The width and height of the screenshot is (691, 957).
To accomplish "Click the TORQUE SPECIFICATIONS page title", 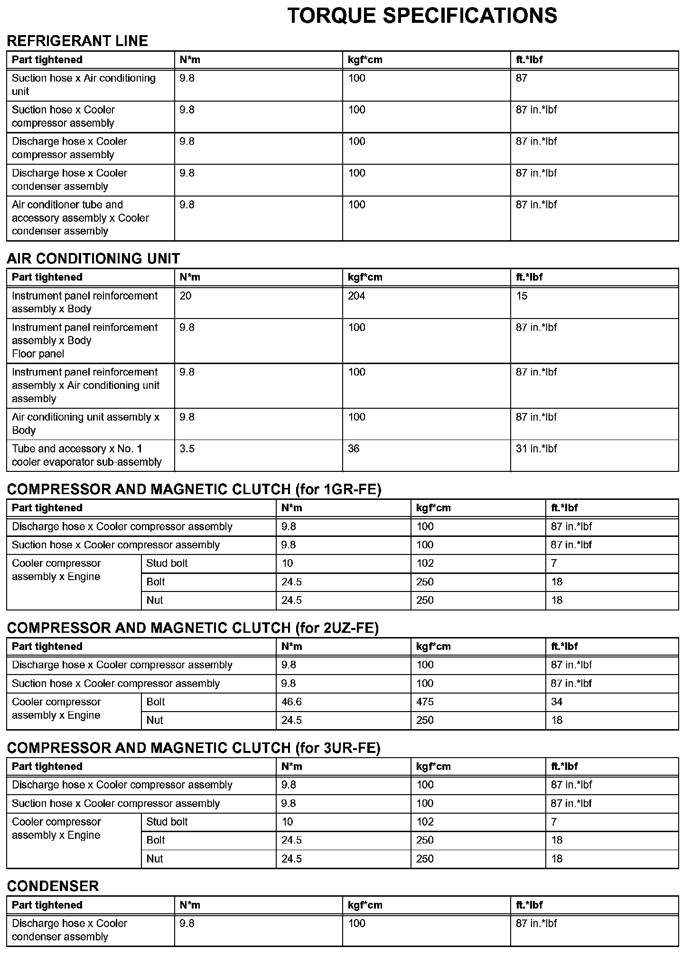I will (x=422, y=16).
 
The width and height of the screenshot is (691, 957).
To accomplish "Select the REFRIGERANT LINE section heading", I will (x=77, y=41).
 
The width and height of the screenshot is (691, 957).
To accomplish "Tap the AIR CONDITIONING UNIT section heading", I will (x=93, y=259).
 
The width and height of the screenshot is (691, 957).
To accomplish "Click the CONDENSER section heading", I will (x=53, y=886).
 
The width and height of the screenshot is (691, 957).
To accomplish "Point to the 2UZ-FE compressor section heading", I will (x=193, y=628).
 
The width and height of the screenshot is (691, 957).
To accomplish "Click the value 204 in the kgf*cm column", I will (x=356, y=296).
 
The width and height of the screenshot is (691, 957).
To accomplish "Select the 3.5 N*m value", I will (x=187, y=449).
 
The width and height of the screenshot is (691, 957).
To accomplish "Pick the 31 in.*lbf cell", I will (x=536, y=449).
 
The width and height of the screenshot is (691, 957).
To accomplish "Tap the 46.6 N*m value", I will (x=291, y=702).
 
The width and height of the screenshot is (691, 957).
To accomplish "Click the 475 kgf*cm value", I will (x=425, y=702).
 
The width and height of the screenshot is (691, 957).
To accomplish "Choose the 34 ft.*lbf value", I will (x=557, y=702).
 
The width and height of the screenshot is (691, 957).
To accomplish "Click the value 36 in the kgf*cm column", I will (x=354, y=449).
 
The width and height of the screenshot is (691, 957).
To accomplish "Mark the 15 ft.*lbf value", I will (x=522, y=296).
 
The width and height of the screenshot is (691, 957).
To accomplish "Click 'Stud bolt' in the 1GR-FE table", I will (x=167, y=563).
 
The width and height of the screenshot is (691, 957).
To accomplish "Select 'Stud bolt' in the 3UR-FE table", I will (x=167, y=822).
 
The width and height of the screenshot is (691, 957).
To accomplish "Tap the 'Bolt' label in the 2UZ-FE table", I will (x=156, y=702).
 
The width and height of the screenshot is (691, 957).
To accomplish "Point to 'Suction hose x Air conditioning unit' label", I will (x=84, y=84).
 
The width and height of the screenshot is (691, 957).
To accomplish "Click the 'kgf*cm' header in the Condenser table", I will (x=364, y=905).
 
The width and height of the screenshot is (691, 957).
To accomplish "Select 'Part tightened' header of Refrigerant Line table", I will (x=47, y=60).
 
